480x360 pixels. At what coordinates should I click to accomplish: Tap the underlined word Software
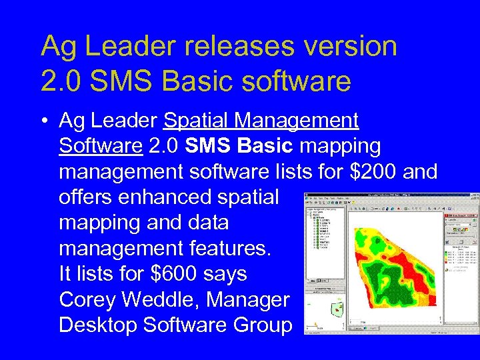(100, 146)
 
